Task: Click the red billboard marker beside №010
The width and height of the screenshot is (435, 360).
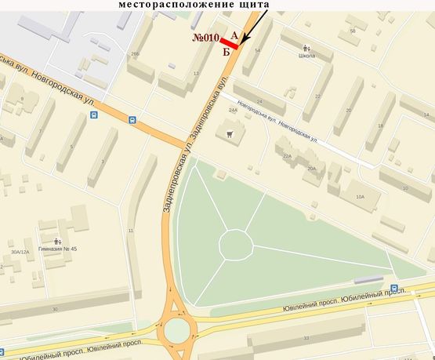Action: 229,43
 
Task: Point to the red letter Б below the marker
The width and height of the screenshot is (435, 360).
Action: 227,53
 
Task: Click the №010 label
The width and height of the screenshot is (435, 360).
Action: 205,38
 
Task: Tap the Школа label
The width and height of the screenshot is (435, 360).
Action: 307,56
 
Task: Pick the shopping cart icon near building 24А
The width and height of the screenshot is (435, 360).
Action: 230,133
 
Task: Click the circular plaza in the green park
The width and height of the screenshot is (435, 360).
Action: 235,244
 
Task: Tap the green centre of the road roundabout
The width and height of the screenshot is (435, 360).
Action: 177,331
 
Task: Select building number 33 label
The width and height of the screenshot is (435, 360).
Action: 306,339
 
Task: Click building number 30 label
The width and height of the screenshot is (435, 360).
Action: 55,310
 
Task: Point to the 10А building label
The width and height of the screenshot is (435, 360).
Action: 360,196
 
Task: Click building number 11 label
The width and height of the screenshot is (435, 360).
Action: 130,231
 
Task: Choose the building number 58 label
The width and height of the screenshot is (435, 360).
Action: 353,31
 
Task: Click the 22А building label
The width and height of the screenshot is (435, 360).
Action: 287,156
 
